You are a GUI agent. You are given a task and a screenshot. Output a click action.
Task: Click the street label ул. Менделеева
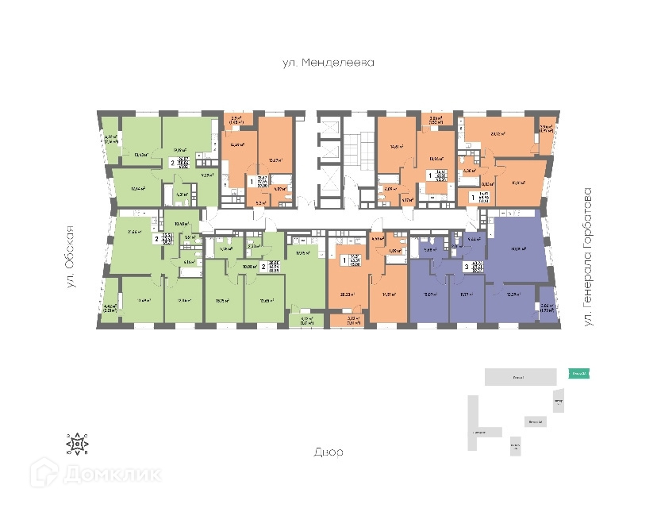[x=328, y=61]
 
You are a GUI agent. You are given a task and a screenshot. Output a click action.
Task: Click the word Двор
[x=328, y=452]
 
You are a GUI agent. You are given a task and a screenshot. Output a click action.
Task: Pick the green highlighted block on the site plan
[x=578, y=373]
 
